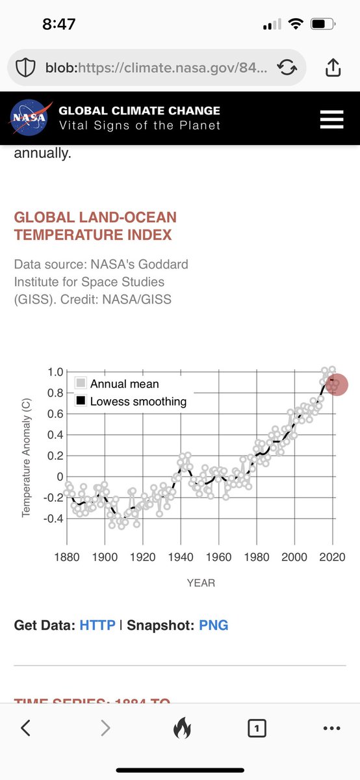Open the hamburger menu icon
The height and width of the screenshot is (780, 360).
(331, 120)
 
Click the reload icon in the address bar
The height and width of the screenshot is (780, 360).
(287, 68)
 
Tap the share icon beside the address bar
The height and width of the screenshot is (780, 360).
(331, 68)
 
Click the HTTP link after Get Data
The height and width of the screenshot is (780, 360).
(97, 625)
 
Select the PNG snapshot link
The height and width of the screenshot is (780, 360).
(213, 625)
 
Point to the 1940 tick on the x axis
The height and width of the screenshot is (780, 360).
(181, 557)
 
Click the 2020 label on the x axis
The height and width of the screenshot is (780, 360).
(332, 557)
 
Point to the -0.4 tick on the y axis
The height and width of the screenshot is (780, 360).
(52, 519)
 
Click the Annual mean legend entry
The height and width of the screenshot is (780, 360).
(124, 383)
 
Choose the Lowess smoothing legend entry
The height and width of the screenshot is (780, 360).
(138, 402)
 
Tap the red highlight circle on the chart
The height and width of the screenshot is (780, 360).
(336, 384)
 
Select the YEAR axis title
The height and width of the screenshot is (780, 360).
(201, 583)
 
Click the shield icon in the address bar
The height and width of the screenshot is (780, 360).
(25, 68)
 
